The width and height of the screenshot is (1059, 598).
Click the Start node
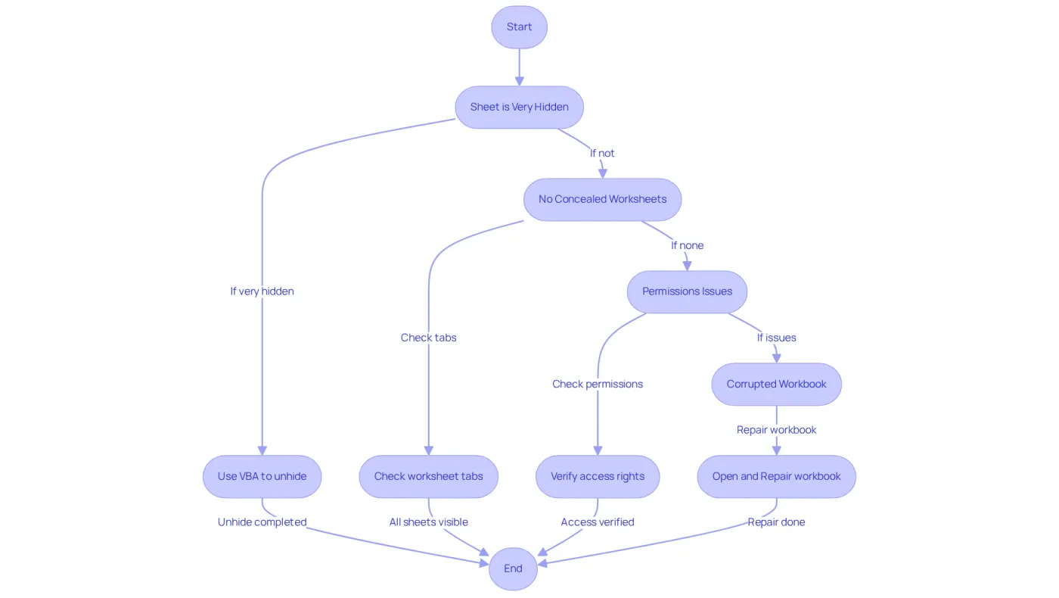pyautogui.click(x=519, y=27)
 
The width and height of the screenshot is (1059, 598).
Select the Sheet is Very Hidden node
pyautogui.click(x=519, y=107)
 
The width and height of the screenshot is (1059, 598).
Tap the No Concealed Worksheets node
pyautogui.click(x=602, y=199)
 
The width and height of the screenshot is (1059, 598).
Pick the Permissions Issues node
pyautogui.click(x=687, y=291)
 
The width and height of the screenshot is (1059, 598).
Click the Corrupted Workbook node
pyautogui.click(x=776, y=385)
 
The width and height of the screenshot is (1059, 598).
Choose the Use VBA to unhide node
pyautogui.click(x=262, y=476)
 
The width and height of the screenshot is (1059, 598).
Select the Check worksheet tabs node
pyautogui.click(x=428, y=476)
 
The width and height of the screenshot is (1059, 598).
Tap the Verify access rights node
pyautogui.click(x=598, y=476)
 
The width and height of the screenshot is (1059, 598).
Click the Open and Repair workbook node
pyautogui.click(x=776, y=476)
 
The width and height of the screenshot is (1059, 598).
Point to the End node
pyautogui.click(x=513, y=568)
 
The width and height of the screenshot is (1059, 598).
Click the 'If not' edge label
pyautogui.click(x=602, y=153)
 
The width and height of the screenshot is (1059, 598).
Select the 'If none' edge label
pyautogui.click(x=687, y=245)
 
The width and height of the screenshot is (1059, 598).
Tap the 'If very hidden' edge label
pyautogui.click(x=262, y=291)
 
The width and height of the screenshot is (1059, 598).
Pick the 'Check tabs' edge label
pyautogui.click(x=428, y=338)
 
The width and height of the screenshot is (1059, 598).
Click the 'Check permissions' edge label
pyautogui.click(x=598, y=385)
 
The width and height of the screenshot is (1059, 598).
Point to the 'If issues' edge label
pyautogui.click(x=776, y=338)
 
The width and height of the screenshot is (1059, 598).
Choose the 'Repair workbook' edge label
pyautogui.click(x=776, y=430)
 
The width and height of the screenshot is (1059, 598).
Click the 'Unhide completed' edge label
pyautogui.click(x=262, y=522)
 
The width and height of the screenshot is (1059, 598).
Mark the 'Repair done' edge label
pyautogui.click(x=776, y=522)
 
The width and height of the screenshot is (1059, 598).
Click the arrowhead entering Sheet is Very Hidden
pyautogui.click(x=519, y=82)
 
